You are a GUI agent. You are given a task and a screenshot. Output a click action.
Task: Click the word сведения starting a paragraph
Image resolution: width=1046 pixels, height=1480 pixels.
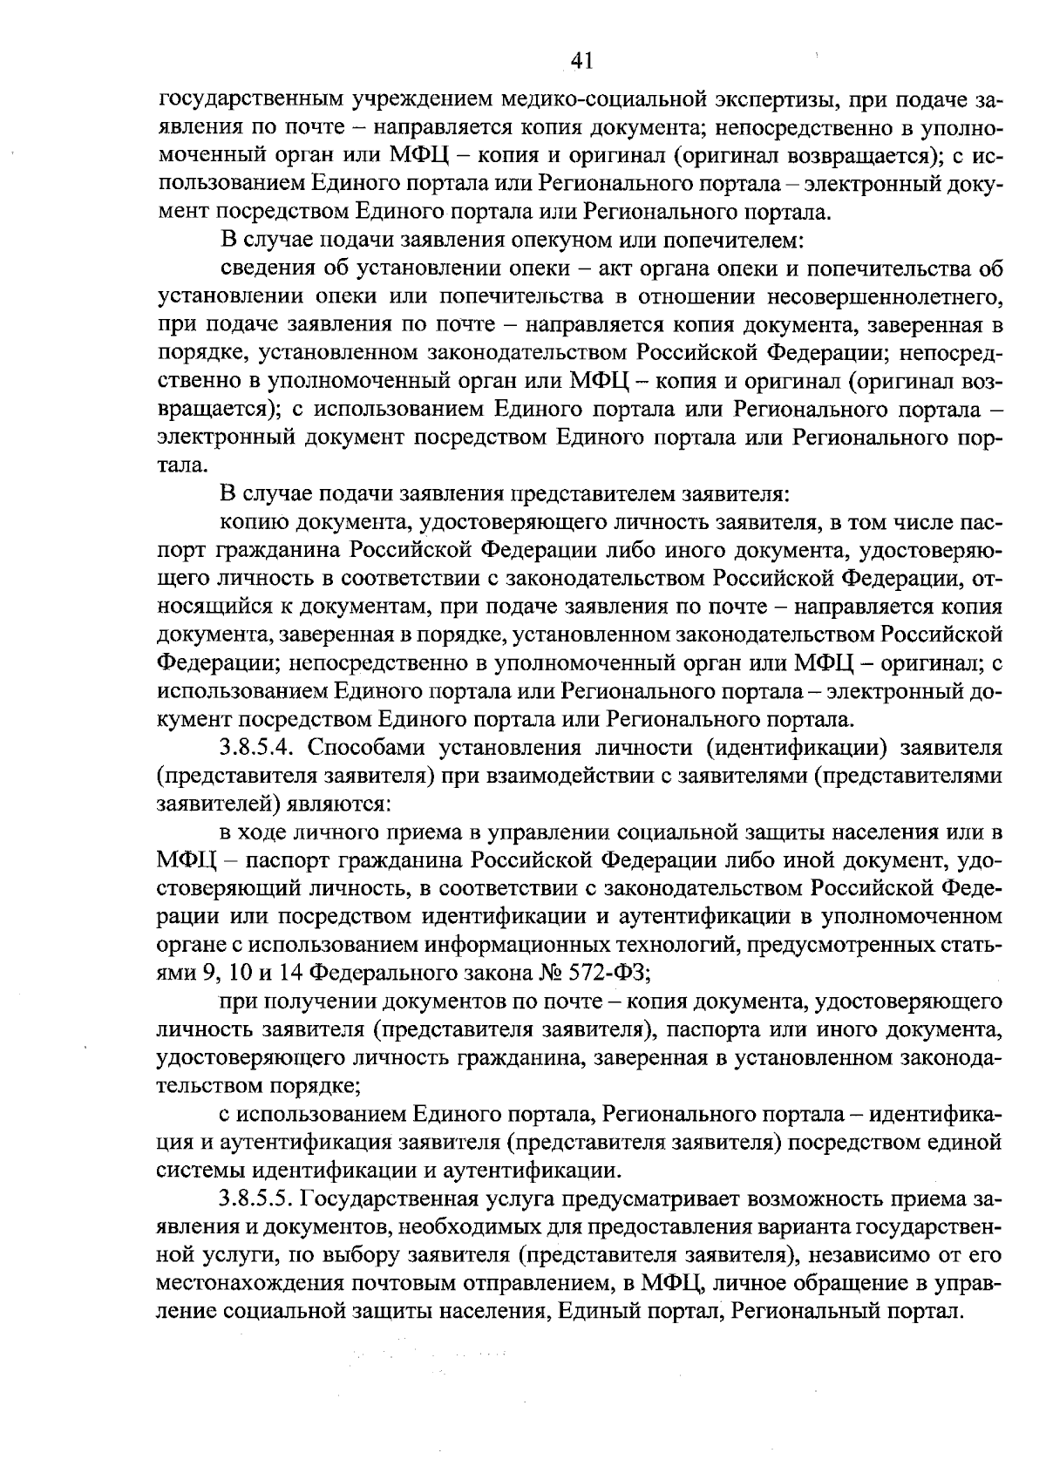coord(264,268)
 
